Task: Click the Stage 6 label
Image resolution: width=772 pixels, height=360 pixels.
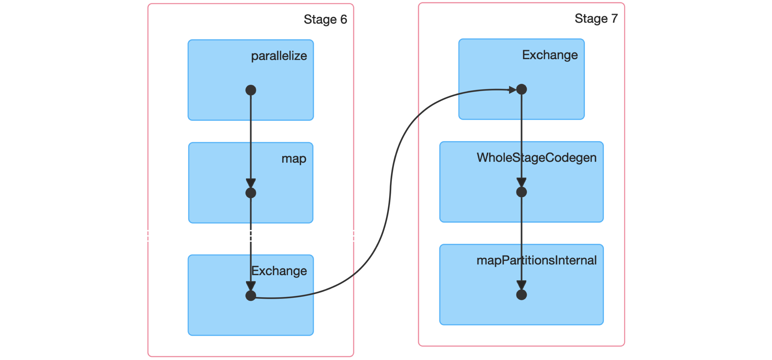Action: point(325,20)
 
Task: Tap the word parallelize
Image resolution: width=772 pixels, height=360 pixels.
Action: point(279,56)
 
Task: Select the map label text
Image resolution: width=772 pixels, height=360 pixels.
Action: point(294,159)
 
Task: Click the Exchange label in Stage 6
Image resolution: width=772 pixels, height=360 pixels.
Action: point(279,271)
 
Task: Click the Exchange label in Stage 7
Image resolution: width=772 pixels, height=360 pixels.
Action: point(550,55)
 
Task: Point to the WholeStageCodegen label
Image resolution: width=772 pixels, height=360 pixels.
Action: point(537,158)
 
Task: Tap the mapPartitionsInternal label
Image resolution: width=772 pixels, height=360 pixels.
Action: point(537,260)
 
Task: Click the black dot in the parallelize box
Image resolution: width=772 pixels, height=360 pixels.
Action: point(251,90)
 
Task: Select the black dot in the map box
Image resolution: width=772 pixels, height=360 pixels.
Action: point(251,193)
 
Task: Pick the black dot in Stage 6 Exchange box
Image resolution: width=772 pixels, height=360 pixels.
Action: point(251,296)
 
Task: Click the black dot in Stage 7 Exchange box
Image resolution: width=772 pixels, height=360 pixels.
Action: point(521,89)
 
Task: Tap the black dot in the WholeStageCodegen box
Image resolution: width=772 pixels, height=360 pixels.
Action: point(521,192)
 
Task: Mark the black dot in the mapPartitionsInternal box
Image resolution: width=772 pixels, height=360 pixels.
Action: point(521,295)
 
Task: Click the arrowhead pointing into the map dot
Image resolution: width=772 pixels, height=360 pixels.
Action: point(251,183)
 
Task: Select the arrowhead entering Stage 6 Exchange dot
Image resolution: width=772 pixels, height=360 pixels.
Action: point(251,286)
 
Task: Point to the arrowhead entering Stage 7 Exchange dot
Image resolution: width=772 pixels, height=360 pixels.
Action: point(512,89)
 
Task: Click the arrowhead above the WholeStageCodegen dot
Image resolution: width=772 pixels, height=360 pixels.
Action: point(521,182)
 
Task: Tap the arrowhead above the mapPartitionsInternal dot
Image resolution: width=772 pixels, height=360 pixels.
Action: point(521,285)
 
